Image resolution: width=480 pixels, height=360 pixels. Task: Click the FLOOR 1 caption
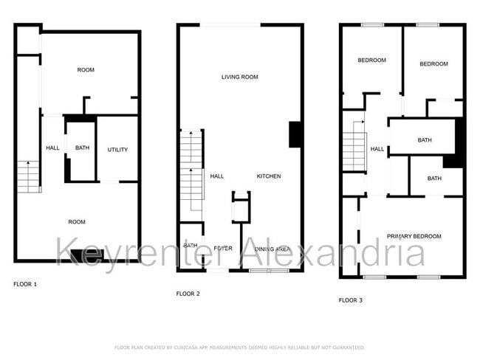tap(25, 284)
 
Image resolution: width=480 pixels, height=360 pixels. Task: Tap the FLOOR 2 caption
tap(188, 294)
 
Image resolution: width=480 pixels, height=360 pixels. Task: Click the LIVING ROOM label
tap(239, 77)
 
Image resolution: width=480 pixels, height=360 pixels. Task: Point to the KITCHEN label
tap(268, 176)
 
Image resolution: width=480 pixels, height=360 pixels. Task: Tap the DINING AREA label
tap(272, 249)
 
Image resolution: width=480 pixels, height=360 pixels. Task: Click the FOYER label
tap(223, 249)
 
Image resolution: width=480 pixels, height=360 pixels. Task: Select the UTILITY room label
tap(117, 150)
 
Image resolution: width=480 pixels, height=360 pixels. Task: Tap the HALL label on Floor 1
tap(52, 148)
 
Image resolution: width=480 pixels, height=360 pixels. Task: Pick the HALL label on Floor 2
tap(216, 176)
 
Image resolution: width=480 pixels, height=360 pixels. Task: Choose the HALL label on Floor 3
tap(377, 149)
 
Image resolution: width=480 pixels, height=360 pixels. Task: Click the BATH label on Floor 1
tap(82, 148)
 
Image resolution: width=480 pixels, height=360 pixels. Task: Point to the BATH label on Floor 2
tap(190, 246)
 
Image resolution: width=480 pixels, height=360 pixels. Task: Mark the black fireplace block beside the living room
tap(295, 134)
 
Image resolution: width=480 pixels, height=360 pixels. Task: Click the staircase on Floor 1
tap(28, 176)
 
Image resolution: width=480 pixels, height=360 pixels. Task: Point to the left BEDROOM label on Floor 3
tap(371, 60)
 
